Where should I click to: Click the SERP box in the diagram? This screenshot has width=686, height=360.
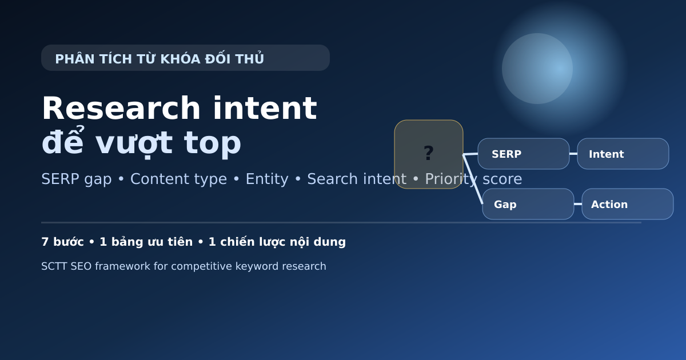coord(523,154)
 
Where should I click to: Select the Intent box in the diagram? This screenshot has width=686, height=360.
coord(623,154)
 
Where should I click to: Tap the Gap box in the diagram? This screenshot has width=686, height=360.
coord(528,204)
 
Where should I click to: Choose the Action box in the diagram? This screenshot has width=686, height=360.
coord(627,204)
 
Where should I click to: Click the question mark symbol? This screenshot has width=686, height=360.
coord(429,153)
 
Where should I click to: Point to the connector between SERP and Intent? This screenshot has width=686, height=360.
coord(573,154)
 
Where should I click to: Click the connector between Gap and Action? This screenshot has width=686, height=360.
coord(578,204)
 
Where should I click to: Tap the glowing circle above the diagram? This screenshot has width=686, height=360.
coord(537,69)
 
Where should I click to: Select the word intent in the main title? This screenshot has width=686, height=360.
coord(265,109)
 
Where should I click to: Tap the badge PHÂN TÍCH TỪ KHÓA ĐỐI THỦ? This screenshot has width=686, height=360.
coord(185,58)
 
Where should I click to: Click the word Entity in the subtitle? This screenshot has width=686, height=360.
coord(267,179)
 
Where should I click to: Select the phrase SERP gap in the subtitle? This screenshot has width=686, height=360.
coord(76,179)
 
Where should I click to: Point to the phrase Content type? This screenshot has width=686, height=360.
coord(178,179)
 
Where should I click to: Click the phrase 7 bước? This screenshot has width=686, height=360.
coord(62,242)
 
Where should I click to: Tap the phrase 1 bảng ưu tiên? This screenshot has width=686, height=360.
coord(146,242)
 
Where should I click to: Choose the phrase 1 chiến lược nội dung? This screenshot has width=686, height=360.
coord(277,242)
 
